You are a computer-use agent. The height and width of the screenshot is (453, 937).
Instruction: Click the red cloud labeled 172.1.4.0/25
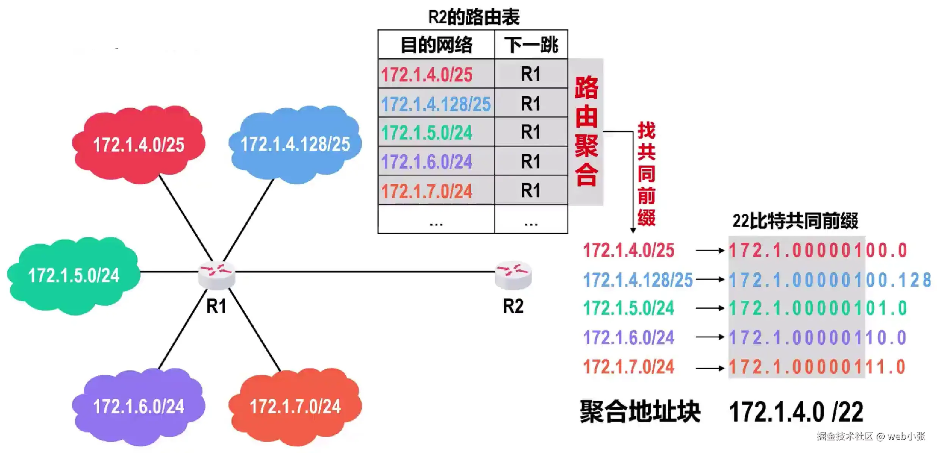pyautogui.click(x=139, y=144)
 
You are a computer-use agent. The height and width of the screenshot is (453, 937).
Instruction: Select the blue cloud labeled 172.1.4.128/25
pyautogui.click(x=295, y=144)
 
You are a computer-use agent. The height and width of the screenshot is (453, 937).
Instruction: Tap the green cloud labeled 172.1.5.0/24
pyautogui.click(x=74, y=275)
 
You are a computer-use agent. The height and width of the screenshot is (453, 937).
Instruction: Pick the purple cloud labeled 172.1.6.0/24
pyautogui.click(x=139, y=406)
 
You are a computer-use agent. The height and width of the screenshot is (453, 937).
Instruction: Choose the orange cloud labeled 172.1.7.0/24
pyautogui.click(x=295, y=406)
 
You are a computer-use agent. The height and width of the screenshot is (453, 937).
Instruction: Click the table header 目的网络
pyautogui.click(x=436, y=45)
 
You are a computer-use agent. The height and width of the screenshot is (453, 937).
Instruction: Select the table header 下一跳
pyautogui.click(x=531, y=45)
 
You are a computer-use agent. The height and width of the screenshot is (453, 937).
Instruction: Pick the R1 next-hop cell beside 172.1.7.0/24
pyautogui.click(x=531, y=191)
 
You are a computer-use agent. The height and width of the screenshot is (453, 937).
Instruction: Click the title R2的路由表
pyautogui.click(x=474, y=17)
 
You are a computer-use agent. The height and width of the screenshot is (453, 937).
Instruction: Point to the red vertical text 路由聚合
pyautogui.click(x=586, y=131)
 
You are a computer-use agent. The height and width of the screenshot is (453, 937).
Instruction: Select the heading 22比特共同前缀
pyautogui.click(x=795, y=221)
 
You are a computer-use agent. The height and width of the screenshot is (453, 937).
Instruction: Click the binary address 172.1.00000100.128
pyautogui.click(x=830, y=280)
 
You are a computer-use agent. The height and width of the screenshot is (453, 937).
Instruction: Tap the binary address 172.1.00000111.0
pyautogui.click(x=817, y=367)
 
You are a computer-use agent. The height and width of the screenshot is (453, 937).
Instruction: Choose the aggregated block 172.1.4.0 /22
pyautogui.click(x=796, y=412)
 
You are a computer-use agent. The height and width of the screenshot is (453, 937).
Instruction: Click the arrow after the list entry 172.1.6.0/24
pyautogui.click(x=710, y=337)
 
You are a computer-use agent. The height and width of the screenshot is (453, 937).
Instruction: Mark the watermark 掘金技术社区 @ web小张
pyautogui.click(x=871, y=436)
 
